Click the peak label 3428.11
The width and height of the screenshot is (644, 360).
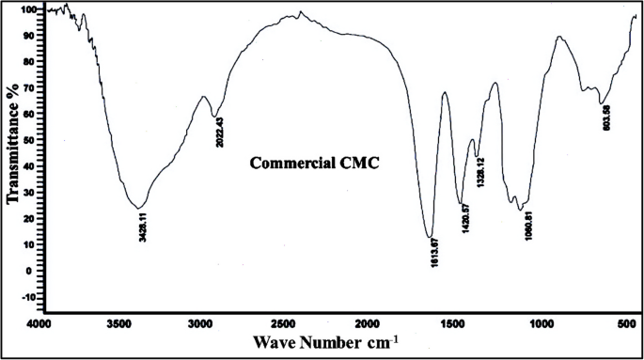[139, 227]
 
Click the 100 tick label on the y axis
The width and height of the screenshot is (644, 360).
[27, 9]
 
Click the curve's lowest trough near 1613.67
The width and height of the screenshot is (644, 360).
[430, 237]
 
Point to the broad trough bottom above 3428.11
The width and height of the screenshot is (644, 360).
[138, 208]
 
